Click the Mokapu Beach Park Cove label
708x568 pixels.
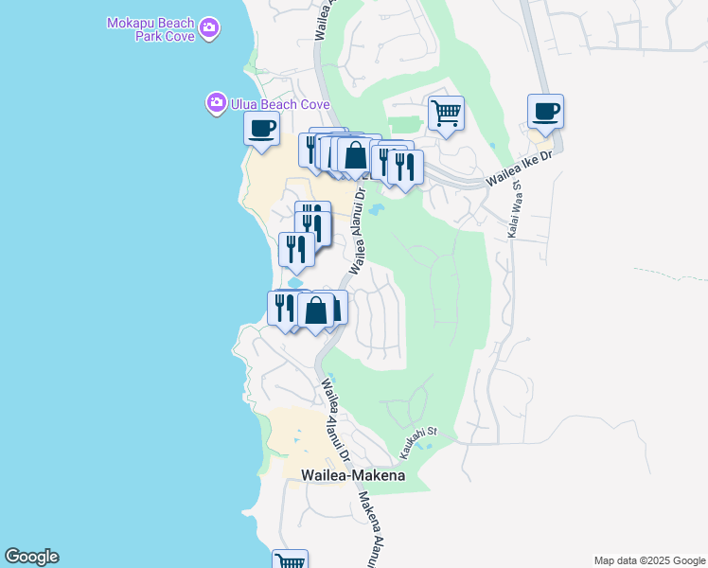151,28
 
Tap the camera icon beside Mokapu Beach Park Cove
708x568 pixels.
210,29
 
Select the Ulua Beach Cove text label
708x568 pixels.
279,104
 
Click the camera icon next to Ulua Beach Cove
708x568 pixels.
217,102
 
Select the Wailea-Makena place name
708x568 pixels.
352,475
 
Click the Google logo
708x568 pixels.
31,557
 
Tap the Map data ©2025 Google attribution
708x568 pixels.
650,560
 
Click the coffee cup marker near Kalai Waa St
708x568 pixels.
545,112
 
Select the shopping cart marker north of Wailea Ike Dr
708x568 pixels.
446,114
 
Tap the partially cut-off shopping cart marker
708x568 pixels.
291,559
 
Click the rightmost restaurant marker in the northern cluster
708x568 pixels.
405,167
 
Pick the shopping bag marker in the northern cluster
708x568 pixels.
355,155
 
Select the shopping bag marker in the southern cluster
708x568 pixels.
316,310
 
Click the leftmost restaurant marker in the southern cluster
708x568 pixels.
281,307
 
